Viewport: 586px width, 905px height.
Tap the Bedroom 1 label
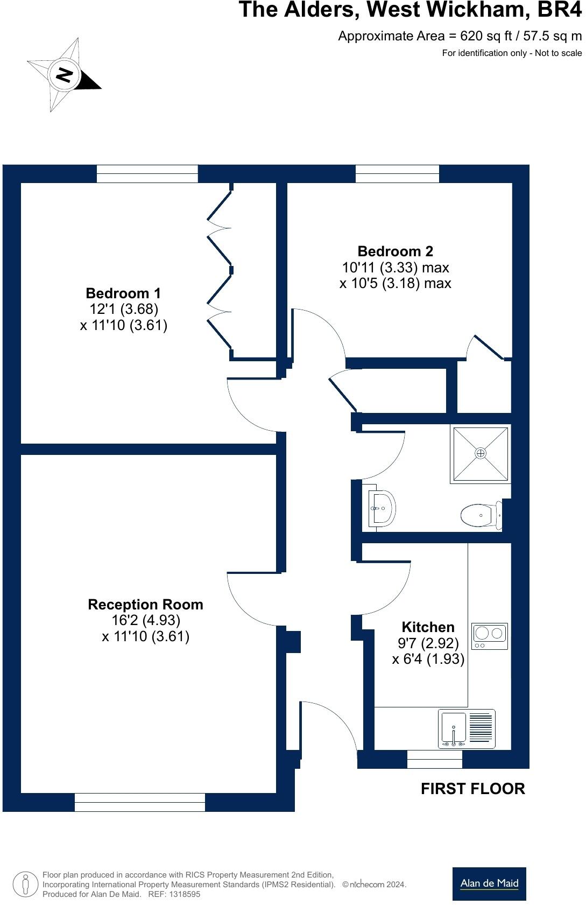tap(123, 293)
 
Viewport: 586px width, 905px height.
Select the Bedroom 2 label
tap(395, 251)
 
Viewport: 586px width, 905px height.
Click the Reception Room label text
tap(145, 605)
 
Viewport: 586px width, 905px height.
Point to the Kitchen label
tap(428, 627)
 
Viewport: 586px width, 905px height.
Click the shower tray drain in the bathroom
tap(480, 453)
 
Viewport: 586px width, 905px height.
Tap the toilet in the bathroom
tap(480, 516)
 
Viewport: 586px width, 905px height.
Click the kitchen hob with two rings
tap(490, 636)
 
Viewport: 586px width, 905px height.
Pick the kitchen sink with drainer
tap(467, 728)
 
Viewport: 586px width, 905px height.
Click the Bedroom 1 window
tap(147, 174)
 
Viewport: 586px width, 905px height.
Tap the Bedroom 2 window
tap(397, 174)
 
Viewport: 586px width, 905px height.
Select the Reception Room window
tap(140, 802)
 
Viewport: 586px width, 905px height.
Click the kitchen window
tap(434, 759)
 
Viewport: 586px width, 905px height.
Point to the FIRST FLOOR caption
tap(472, 789)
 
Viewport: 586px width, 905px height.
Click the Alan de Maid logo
tap(489, 883)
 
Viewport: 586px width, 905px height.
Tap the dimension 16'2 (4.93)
tap(145, 620)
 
